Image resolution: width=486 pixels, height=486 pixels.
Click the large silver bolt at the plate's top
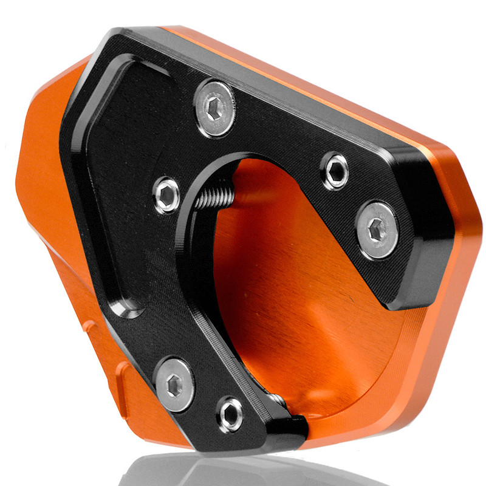point(215,108)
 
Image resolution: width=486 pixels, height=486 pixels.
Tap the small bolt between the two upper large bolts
point(335,171)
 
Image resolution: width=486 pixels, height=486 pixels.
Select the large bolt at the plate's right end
point(377,230)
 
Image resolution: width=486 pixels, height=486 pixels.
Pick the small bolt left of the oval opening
point(166,194)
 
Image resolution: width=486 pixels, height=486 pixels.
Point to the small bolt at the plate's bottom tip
point(231,416)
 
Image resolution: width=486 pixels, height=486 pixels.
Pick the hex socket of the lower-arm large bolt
point(175,383)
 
